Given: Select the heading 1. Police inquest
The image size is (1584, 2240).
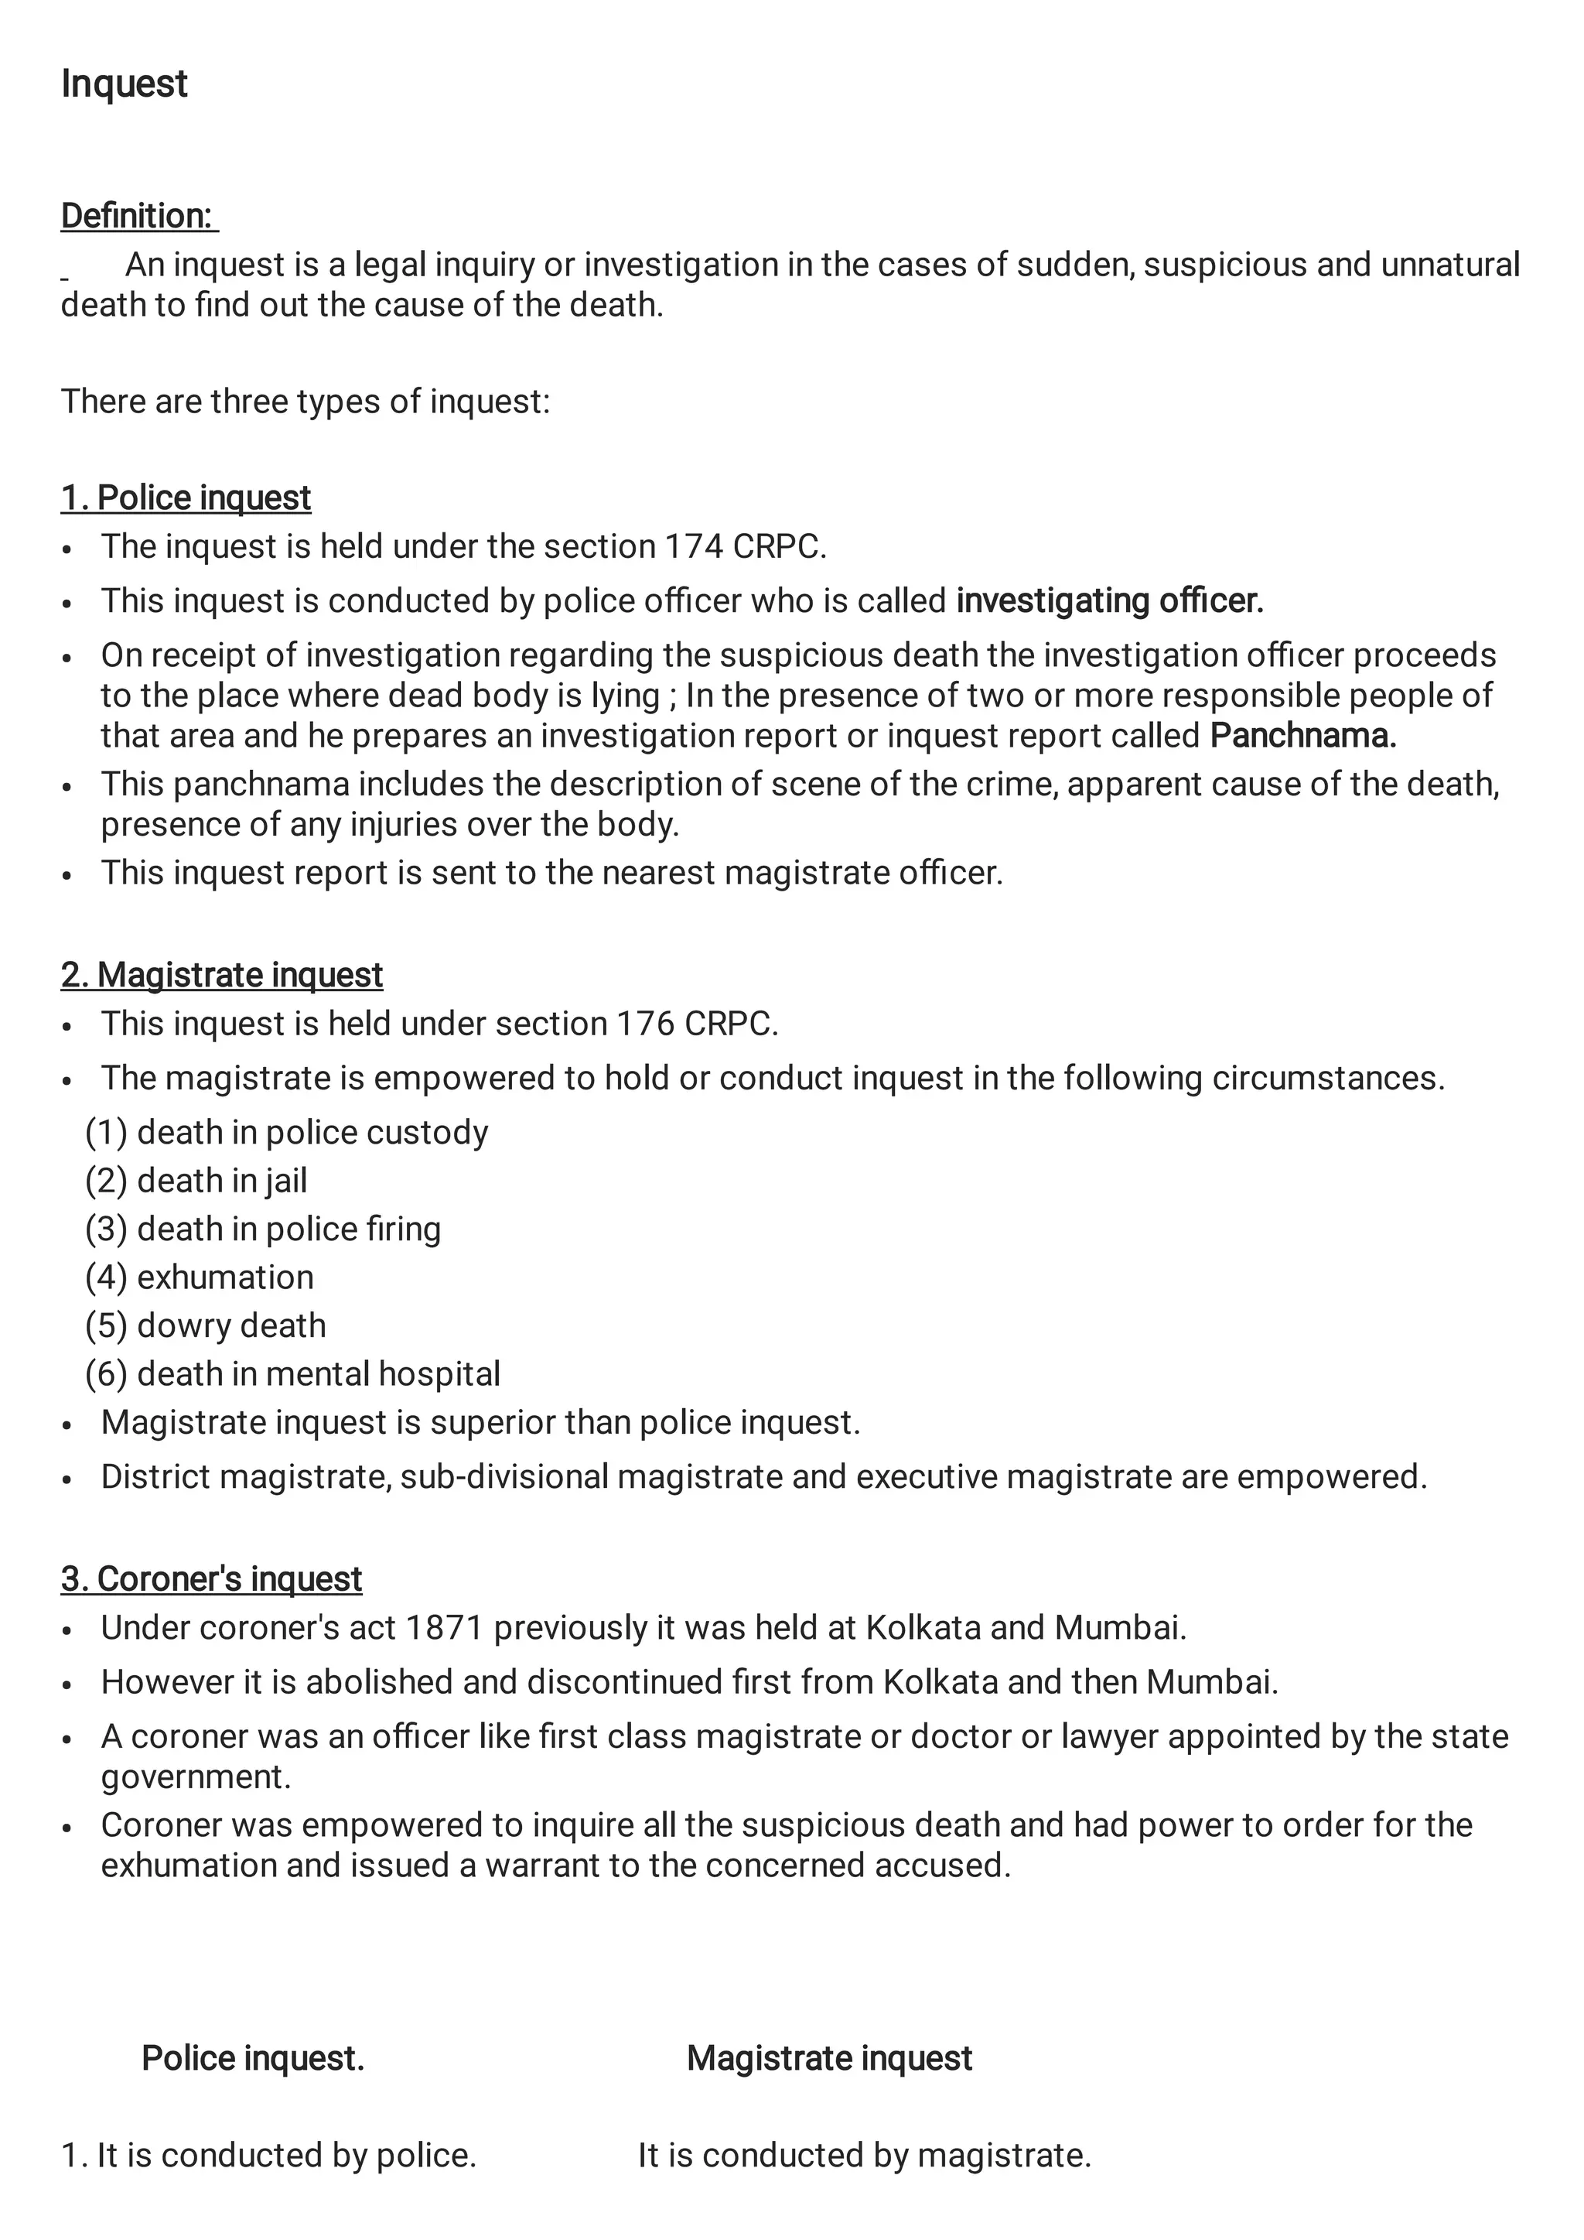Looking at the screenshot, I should click(x=186, y=498).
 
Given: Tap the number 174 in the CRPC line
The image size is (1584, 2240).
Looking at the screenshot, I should click(x=694, y=546).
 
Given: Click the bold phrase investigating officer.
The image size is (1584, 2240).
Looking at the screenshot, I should click(x=1109, y=601).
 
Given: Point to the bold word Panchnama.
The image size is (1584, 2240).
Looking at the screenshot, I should click(x=1303, y=736).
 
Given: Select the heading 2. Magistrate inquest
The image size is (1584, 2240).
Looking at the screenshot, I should click(x=221, y=975).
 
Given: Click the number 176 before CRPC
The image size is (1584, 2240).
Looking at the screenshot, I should click(x=645, y=1024).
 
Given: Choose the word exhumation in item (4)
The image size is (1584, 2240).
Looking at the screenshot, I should click(x=225, y=1277).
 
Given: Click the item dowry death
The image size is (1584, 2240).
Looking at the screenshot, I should click(x=231, y=1326).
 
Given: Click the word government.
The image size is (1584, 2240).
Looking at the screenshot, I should click(x=195, y=1777).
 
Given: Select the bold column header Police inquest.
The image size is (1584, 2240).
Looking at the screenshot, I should click(x=253, y=2058).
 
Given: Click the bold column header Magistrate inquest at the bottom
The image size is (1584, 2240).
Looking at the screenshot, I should click(x=829, y=2058).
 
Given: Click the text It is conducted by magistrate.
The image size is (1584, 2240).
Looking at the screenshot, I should click(x=864, y=2155).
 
